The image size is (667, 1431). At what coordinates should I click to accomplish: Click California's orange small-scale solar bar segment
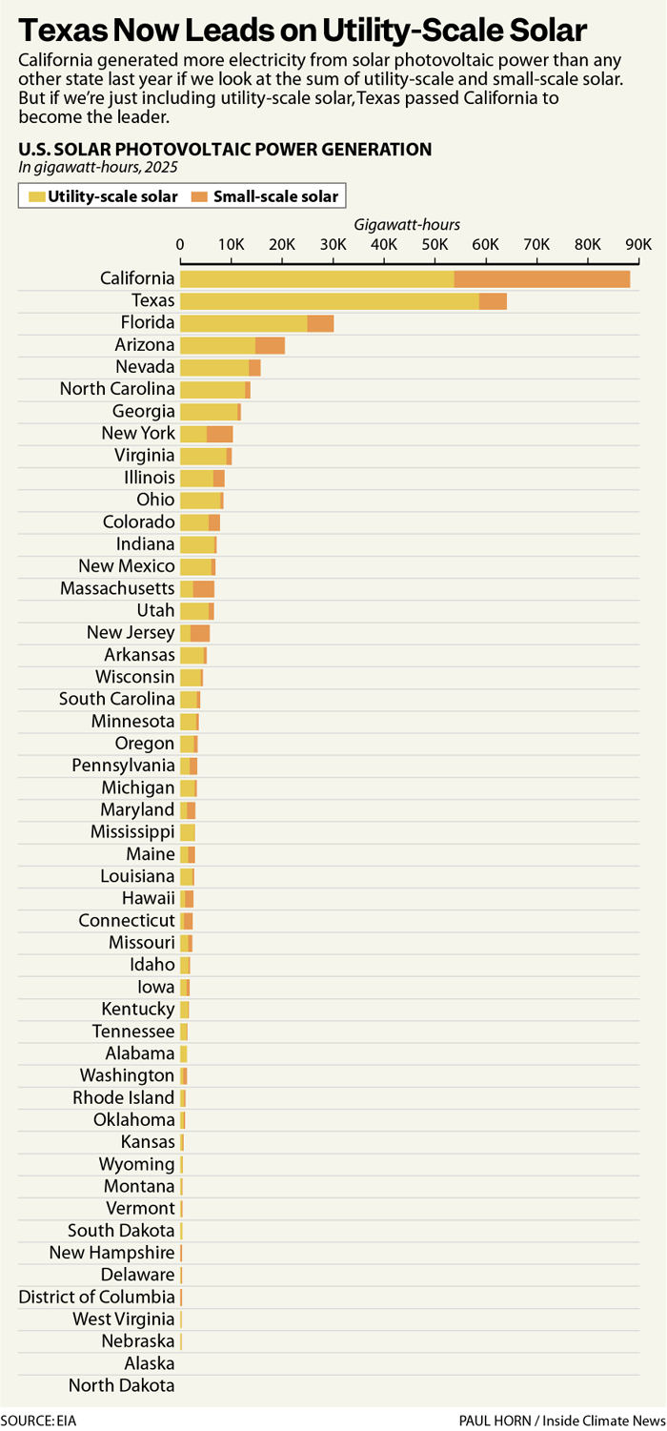[x=541, y=278]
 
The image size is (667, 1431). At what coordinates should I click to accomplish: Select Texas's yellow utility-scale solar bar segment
[x=329, y=301]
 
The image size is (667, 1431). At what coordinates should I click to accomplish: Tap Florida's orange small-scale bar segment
[x=320, y=323]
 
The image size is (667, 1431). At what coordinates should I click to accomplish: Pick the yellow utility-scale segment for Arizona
[x=217, y=345]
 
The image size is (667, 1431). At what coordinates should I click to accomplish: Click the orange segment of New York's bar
[x=219, y=434]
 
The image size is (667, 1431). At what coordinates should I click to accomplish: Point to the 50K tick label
[x=435, y=244]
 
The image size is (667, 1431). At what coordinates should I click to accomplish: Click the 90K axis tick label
[x=637, y=244]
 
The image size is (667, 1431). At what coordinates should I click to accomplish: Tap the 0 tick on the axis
[x=180, y=244]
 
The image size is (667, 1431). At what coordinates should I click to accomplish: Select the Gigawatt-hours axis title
[x=407, y=225]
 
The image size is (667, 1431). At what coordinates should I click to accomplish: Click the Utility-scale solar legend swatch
[x=37, y=197]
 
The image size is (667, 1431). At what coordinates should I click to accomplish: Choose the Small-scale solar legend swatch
[x=200, y=197]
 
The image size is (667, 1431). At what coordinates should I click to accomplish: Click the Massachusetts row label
[x=117, y=588]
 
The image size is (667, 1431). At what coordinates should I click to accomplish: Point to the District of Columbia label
[x=97, y=1297]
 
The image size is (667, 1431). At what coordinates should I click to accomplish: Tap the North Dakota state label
[x=122, y=1385]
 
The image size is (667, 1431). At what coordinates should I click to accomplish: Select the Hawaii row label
[x=149, y=898]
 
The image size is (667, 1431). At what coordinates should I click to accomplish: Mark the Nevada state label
[x=145, y=367]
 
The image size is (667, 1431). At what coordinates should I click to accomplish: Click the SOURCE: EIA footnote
[x=38, y=1421]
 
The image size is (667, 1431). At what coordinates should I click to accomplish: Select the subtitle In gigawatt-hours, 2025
[x=98, y=166]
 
